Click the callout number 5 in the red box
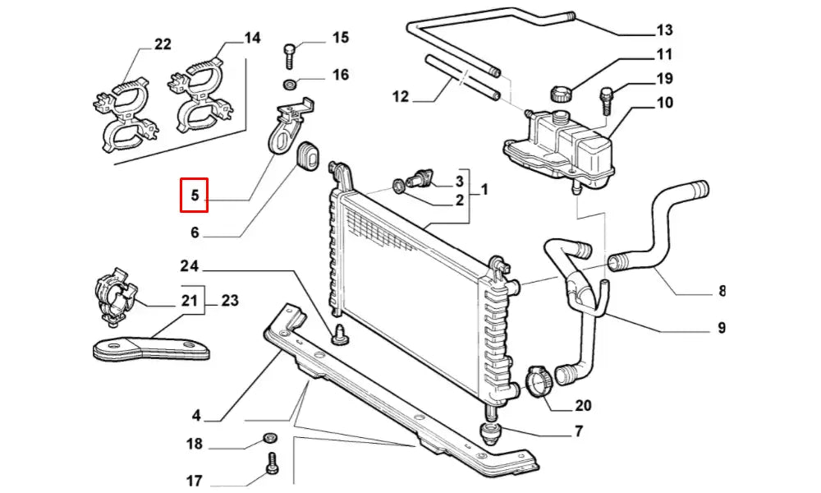[195, 195]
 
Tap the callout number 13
[664, 30]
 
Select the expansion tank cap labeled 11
[561, 94]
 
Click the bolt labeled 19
[607, 100]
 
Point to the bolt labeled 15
[290, 56]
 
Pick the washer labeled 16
[288, 84]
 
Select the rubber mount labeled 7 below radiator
[491, 433]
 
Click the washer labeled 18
[269, 438]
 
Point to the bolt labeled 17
[273, 463]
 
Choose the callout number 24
[189, 266]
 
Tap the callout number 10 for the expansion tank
[664, 102]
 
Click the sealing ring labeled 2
[398, 186]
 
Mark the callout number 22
[163, 44]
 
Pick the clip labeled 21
[115, 297]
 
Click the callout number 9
[722, 328]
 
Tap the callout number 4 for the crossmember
[196, 416]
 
